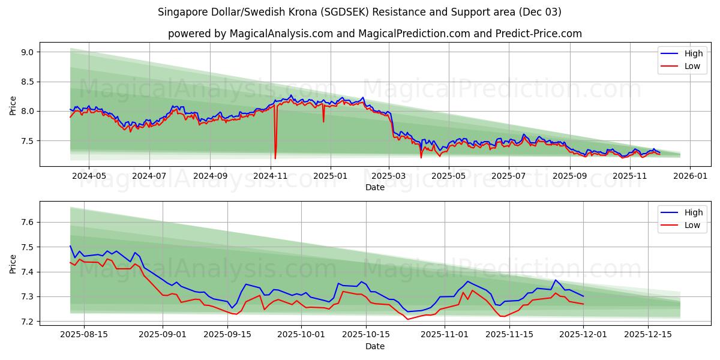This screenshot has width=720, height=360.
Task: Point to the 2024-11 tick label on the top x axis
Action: (270, 176)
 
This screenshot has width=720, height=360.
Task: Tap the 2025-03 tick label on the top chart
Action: (389, 176)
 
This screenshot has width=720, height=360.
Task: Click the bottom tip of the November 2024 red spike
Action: (275, 158)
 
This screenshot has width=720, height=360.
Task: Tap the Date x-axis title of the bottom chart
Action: (375, 347)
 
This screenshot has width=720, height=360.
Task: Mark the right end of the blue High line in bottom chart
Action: (583, 296)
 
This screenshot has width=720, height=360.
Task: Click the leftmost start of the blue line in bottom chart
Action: (70, 245)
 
